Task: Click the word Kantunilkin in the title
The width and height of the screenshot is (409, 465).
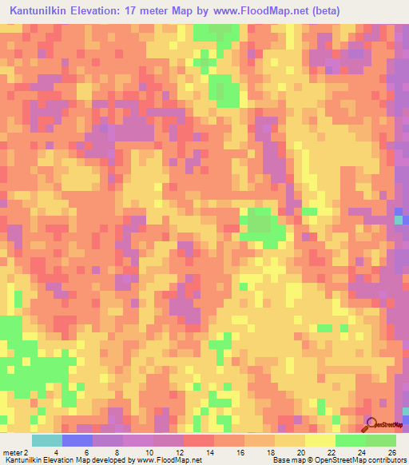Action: click(x=45, y=11)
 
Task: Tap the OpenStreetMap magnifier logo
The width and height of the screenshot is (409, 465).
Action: click(x=371, y=423)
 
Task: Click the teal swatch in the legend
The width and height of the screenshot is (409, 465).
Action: click(x=47, y=440)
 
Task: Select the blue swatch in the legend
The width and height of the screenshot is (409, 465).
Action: click(x=77, y=440)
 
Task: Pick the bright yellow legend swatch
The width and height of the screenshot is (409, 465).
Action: click(x=320, y=440)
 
